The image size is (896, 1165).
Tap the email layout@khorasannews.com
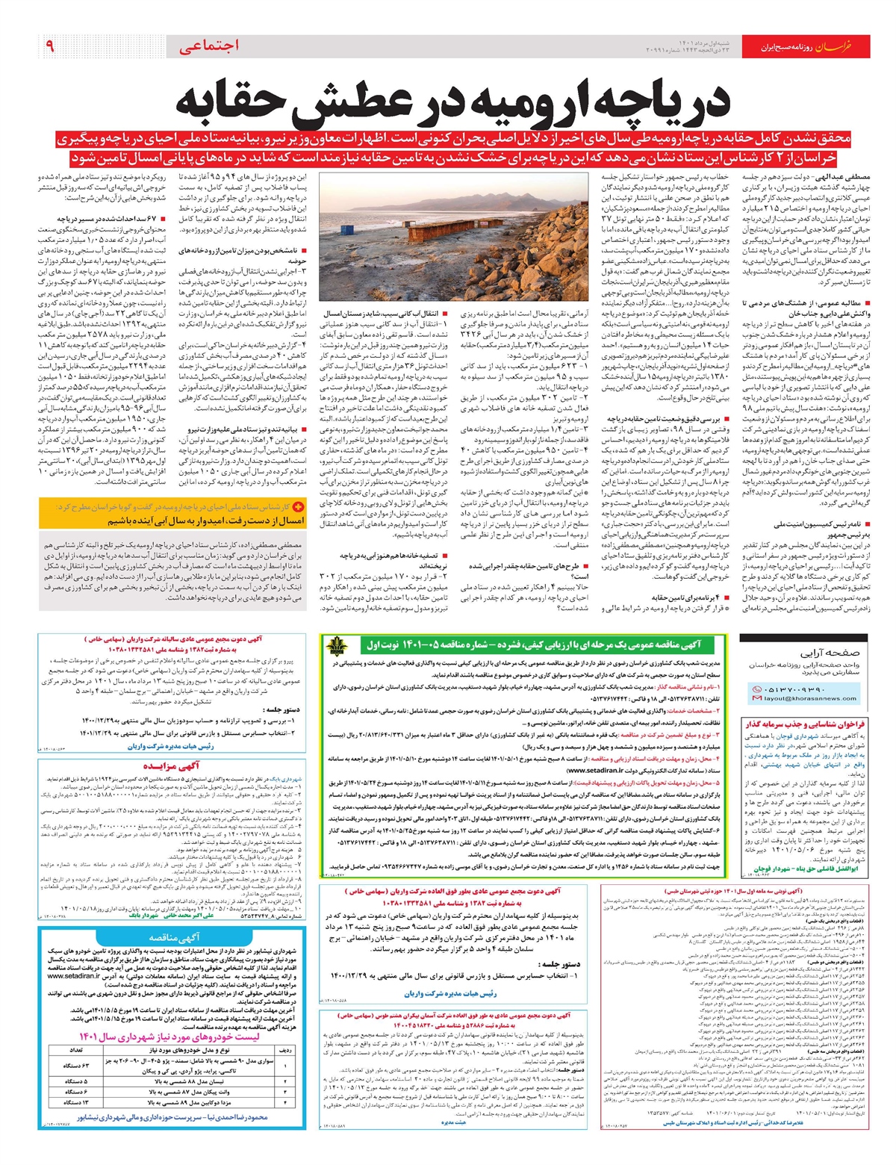[x=800, y=698]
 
